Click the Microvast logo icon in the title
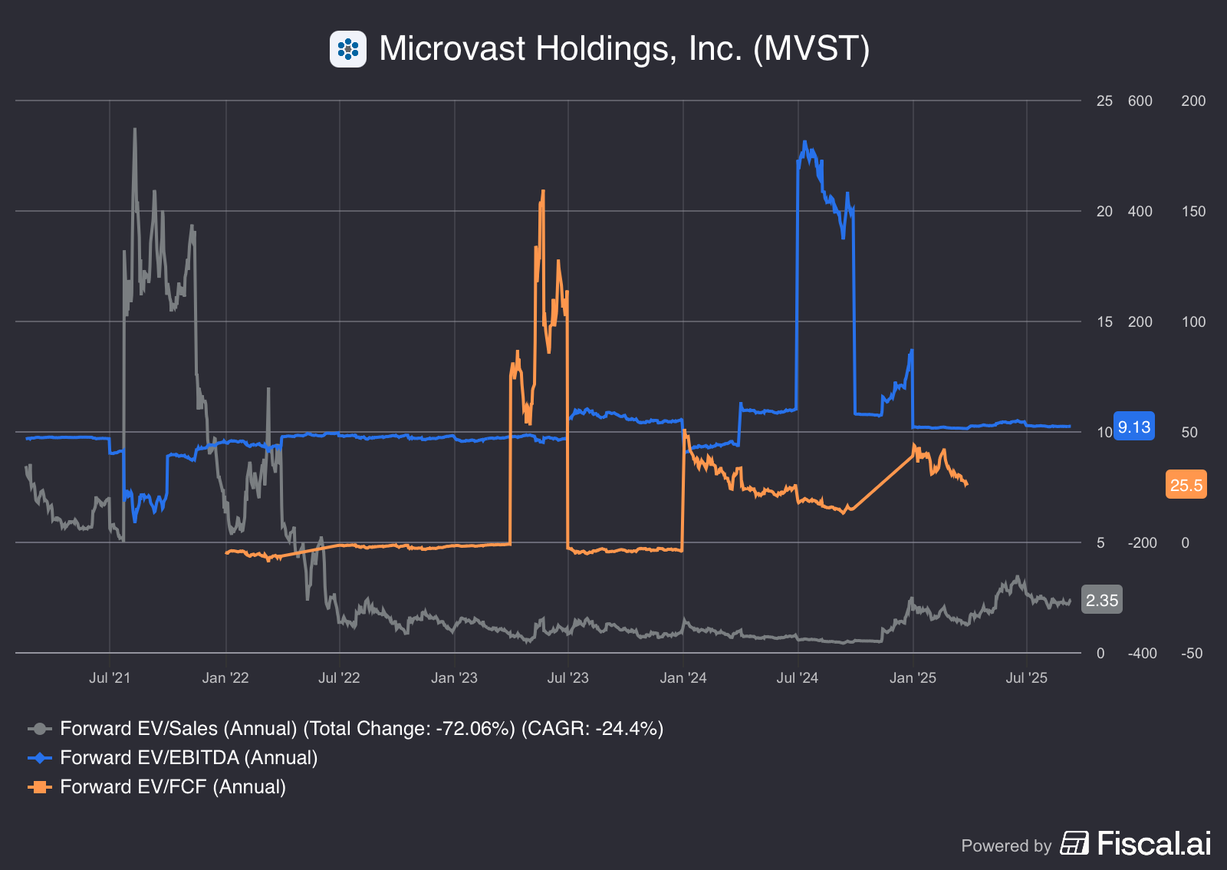348,49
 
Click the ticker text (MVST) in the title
811,48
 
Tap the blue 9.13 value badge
1133,427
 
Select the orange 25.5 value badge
1186,485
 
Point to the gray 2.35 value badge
1101,600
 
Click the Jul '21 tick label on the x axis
110,677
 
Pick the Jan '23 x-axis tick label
454,677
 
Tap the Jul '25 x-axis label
1026,677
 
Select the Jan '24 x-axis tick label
683,677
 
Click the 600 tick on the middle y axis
1140,101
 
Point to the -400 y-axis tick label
1141,654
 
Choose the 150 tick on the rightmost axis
1192,212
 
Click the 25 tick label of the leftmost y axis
1104,101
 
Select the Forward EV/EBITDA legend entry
189,757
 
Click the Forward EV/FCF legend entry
173,786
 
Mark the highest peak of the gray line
135,130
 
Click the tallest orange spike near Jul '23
543,192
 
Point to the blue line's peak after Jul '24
804,142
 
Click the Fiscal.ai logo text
1153,844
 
